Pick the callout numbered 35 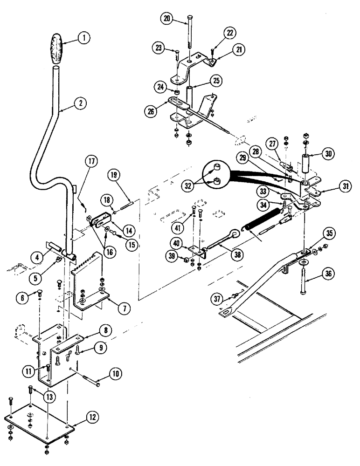pyautogui.click(x=329, y=233)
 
